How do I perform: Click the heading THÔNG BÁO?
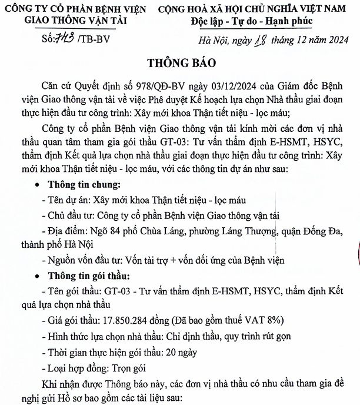pos(180,63)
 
